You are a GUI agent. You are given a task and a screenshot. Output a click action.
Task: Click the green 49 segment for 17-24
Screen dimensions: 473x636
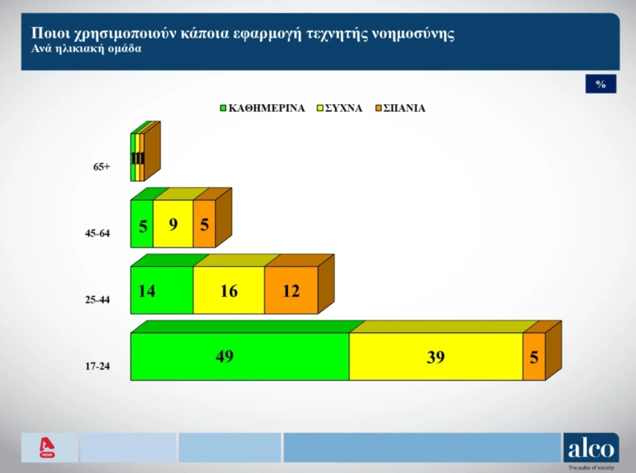click(x=239, y=357)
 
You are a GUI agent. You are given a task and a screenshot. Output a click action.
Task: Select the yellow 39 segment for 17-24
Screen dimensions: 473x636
click(x=436, y=357)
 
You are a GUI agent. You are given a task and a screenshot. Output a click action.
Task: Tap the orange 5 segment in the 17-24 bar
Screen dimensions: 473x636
click(x=534, y=357)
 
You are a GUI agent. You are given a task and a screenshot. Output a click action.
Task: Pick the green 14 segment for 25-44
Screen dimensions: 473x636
click(x=161, y=290)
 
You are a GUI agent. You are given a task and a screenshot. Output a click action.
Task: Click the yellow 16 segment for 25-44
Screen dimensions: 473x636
click(x=228, y=290)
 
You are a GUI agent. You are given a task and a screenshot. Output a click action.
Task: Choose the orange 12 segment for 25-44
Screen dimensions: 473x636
click(x=291, y=290)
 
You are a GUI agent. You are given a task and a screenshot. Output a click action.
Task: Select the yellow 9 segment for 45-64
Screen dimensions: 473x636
click(x=173, y=224)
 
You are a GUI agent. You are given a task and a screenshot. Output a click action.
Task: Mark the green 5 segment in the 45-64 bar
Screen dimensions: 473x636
click(x=142, y=224)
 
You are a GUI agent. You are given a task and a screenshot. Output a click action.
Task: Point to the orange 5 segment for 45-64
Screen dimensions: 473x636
click(x=204, y=224)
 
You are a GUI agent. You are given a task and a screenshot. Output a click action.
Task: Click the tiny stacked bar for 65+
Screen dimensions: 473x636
click(x=138, y=157)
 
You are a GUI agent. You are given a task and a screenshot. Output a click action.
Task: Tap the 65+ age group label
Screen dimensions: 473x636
click(x=101, y=167)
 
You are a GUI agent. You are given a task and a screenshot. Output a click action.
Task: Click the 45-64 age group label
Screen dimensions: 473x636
click(x=97, y=234)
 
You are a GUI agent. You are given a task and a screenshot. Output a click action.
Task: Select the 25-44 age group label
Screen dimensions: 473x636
click(x=97, y=300)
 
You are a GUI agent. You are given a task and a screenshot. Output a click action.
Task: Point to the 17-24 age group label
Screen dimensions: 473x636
click(x=97, y=367)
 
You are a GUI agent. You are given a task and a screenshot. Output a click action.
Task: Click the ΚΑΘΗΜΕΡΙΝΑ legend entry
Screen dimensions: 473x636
click(x=262, y=108)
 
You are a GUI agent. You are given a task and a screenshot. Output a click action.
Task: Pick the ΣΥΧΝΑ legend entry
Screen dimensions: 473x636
click(x=340, y=108)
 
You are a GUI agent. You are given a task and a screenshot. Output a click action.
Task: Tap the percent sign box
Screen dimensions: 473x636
click(x=601, y=84)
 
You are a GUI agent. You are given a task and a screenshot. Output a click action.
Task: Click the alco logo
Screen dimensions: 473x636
click(x=591, y=451)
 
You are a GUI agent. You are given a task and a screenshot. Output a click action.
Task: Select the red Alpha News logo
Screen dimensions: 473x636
click(x=47, y=448)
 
